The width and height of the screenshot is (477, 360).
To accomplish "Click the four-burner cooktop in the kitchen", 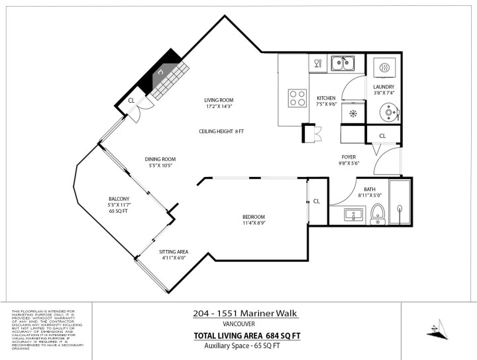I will (x=297, y=98).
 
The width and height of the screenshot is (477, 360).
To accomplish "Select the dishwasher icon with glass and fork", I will (x=317, y=64).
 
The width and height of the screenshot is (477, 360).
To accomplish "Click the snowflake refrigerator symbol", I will (x=353, y=114).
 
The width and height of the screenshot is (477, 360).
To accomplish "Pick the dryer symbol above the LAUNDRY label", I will (x=384, y=68).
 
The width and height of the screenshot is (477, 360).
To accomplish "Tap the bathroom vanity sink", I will (x=354, y=215).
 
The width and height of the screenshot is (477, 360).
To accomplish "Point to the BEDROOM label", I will (x=253, y=217).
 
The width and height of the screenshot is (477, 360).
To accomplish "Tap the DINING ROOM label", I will (x=160, y=158).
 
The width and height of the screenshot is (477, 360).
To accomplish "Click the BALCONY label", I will (x=119, y=199).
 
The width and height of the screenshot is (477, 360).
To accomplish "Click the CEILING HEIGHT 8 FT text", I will (x=221, y=131).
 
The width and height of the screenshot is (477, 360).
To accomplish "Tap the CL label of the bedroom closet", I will (x=317, y=201).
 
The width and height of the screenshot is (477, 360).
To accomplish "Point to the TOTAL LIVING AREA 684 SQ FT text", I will (x=246, y=335).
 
